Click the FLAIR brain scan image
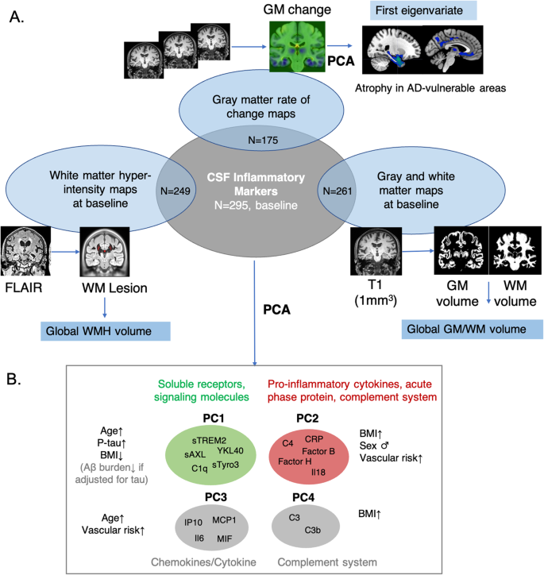point(25,252)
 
